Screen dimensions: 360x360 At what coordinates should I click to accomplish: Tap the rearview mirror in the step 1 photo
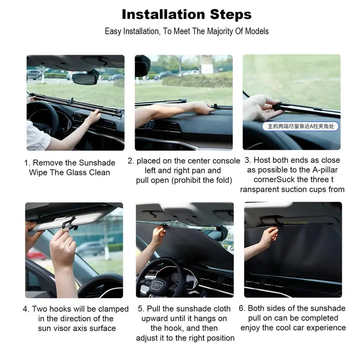(x=85, y=79)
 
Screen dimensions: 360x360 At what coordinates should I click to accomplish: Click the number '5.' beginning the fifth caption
(x=141, y=309)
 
